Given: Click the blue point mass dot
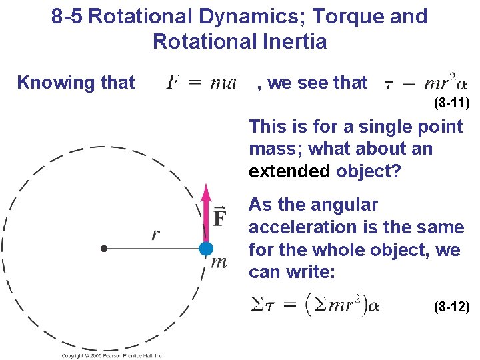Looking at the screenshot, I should (206, 249).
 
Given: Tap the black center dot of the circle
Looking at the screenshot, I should (103, 249).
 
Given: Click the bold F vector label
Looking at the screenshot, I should (220, 218).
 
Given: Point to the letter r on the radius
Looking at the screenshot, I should (155, 234).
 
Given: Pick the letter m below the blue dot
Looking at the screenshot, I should (219, 262).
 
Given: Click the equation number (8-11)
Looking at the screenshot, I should (451, 103).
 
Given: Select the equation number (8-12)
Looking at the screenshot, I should (451, 307).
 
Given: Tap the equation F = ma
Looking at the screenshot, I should (201, 83).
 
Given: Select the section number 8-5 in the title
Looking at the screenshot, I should (67, 16).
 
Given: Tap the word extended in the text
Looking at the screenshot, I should (289, 171).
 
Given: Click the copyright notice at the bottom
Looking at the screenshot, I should (112, 356).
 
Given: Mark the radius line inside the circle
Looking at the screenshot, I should (153, 249).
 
